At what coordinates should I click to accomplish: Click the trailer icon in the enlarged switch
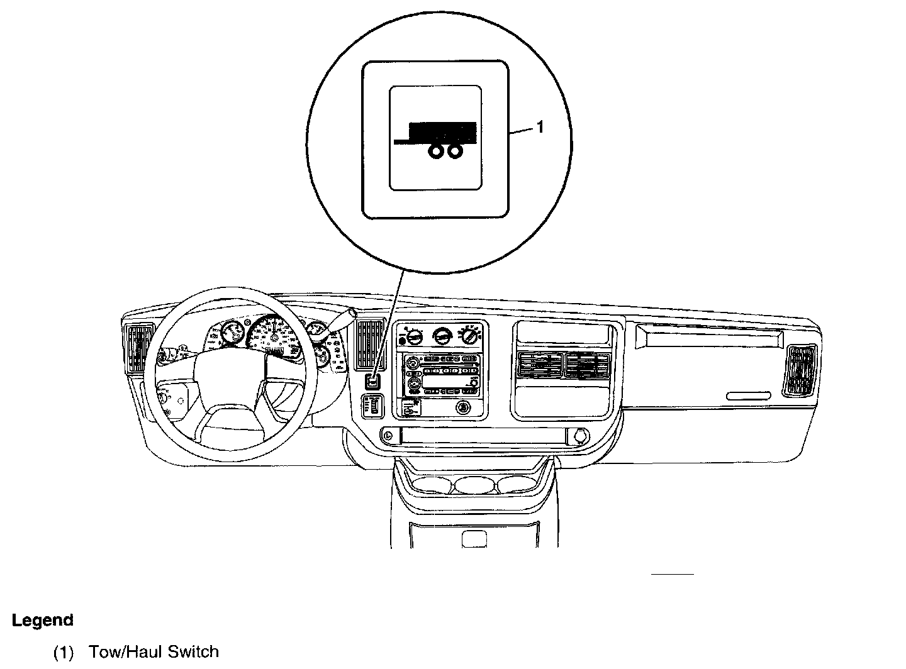(x=435, y=138)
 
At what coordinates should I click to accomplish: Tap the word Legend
(x=43, y=620)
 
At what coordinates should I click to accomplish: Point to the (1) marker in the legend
(x=63, y=652)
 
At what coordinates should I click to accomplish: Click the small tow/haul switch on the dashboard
(x=372, y=381)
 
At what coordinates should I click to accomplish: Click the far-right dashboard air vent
(x=800, y=370)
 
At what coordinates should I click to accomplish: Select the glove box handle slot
(x=748, y=395)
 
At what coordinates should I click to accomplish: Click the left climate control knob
(x=413, y=337)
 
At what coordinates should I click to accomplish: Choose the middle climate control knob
(x=442, y=337)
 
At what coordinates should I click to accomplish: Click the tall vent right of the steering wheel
(x=370, y=344)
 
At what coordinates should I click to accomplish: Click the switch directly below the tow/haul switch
(x=372, y=406)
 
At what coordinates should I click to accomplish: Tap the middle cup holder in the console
(x=475, y=484)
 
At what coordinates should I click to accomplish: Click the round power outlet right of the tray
(x=579, y=434)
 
